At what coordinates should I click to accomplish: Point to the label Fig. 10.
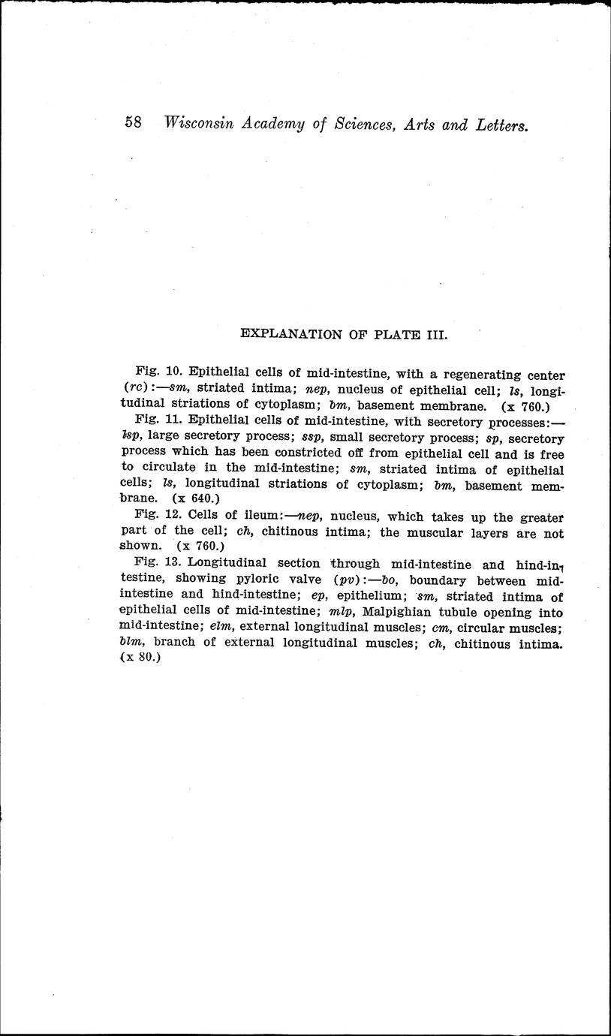click(x=158, y=372)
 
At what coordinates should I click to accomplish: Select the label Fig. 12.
click(x=158, y=517)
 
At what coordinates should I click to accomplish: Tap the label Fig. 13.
click(x=158, y=563)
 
